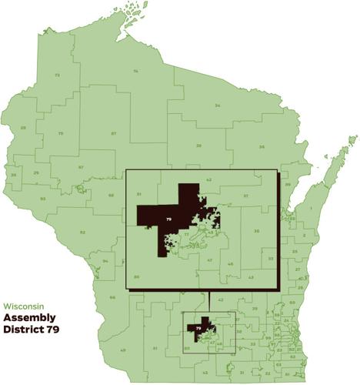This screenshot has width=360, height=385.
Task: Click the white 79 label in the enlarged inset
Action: pos(168,221)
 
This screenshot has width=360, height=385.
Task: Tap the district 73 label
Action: pos(57,75)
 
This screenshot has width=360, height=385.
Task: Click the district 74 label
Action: pos(135,71)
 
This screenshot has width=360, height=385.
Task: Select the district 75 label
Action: pos(60,133)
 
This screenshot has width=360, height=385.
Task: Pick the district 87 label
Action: pos(113,134)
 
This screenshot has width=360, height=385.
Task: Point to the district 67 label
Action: pos(80,167)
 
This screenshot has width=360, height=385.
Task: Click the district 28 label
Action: pos(23,127)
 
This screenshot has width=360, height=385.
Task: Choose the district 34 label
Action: pos(218,105)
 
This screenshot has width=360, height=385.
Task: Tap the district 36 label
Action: pos(262,146)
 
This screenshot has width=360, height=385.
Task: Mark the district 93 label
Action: pos(43,199)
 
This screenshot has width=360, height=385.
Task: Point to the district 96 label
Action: pos(112,297)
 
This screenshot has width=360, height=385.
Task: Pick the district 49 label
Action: pos(122,351)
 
